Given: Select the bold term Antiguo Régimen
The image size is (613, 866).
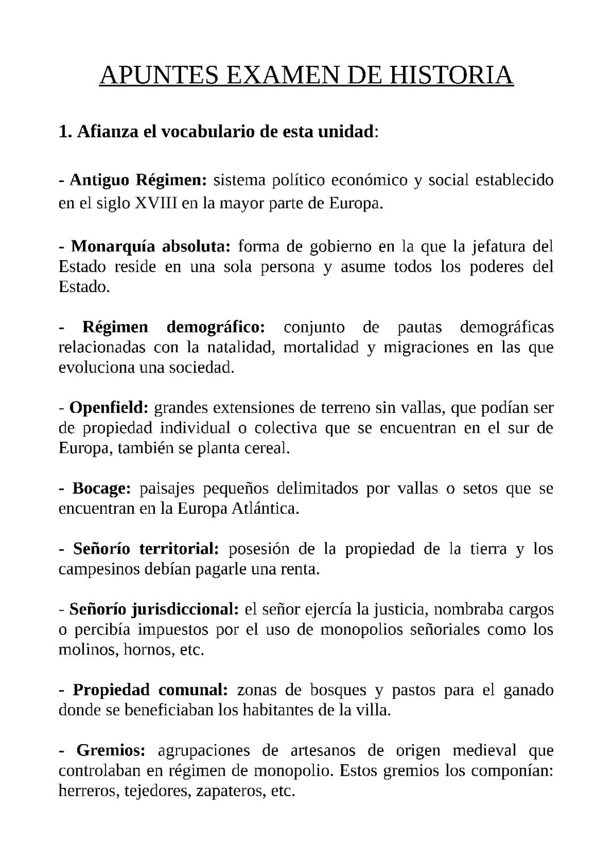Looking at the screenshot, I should point(138,180).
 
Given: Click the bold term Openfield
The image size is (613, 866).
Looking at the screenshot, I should point(108,408).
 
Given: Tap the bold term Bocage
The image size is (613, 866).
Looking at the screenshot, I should point(102,488).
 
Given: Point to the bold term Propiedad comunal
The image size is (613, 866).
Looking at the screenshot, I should point(150,690).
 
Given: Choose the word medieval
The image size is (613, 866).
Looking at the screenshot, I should point(484,750).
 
